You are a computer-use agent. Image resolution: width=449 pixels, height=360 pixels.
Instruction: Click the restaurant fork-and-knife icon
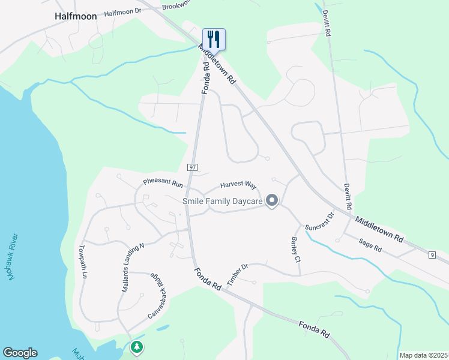click(214, 39)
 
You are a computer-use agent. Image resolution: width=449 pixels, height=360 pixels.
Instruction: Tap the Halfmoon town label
click(76, 16)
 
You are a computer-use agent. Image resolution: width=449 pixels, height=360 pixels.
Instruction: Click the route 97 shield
click(192, 167)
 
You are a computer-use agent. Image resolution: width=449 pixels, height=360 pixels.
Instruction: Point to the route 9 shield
click(432, 255)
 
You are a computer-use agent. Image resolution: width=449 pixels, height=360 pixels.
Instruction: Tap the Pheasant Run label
click(162, 182)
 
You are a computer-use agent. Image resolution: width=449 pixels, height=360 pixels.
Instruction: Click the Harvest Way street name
click(238, 186)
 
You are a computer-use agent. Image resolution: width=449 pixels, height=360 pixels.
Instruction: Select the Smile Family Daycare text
click(222, 202)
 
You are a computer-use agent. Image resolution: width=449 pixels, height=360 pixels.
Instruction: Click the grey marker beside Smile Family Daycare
click(272, 201)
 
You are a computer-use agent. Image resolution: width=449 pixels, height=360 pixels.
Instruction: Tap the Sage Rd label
click(370, 244)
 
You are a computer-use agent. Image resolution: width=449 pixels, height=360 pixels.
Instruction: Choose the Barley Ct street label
click(295, 250)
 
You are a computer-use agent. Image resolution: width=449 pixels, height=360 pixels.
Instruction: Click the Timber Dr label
click(237, 275)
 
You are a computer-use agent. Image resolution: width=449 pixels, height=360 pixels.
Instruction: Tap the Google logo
click(20, 353)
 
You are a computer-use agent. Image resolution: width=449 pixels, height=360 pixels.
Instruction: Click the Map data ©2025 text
click(424, 355)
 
